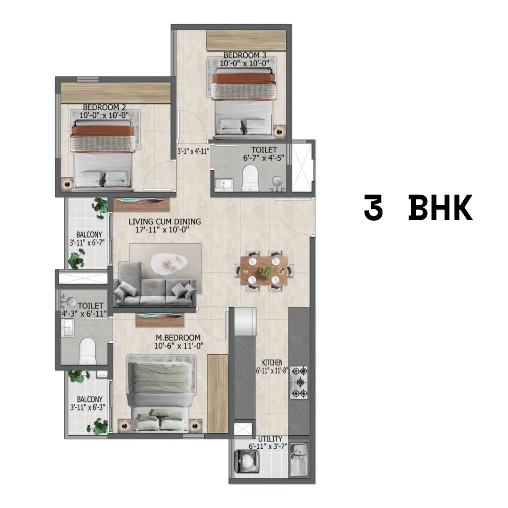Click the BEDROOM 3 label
245,56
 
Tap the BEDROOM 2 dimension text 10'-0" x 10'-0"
104,115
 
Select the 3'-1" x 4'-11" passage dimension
193,151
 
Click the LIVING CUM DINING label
165,222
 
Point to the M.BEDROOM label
178,338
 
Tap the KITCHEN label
272,363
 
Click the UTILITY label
270,439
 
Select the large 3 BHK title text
418,208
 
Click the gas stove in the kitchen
299,382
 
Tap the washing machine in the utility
246,461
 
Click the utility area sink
298,459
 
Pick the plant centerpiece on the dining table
266,271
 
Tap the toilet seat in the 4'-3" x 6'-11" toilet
87,351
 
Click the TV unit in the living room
141,205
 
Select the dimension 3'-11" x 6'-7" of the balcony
87,242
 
